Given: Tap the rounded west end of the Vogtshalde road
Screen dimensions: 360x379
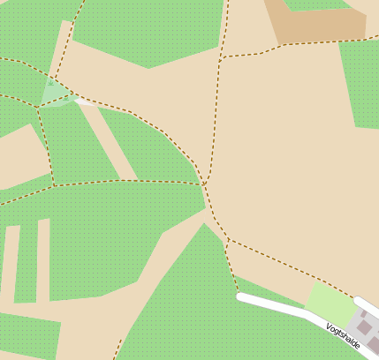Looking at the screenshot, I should pyautogui.click(x=240, y=297).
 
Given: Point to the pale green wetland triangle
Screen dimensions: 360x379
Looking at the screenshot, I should pyautogui.click(x=56, y=94).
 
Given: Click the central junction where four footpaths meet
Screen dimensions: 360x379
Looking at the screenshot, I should pyautogui.click(x=204, y=184).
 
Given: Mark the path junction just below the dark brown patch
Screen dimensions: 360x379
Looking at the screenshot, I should pyautogui.click(x=220, y=57).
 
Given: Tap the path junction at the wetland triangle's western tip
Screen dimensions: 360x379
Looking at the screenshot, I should pyautogui.click(x=38, y=107).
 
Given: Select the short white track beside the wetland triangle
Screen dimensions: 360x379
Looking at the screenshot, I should pyautogui.click(x=85, y=101).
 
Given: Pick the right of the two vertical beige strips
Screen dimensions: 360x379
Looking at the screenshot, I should pyautogui.click(x=42, y=260).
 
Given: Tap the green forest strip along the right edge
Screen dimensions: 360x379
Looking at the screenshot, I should pyautogui.click(x=362, y=84).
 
